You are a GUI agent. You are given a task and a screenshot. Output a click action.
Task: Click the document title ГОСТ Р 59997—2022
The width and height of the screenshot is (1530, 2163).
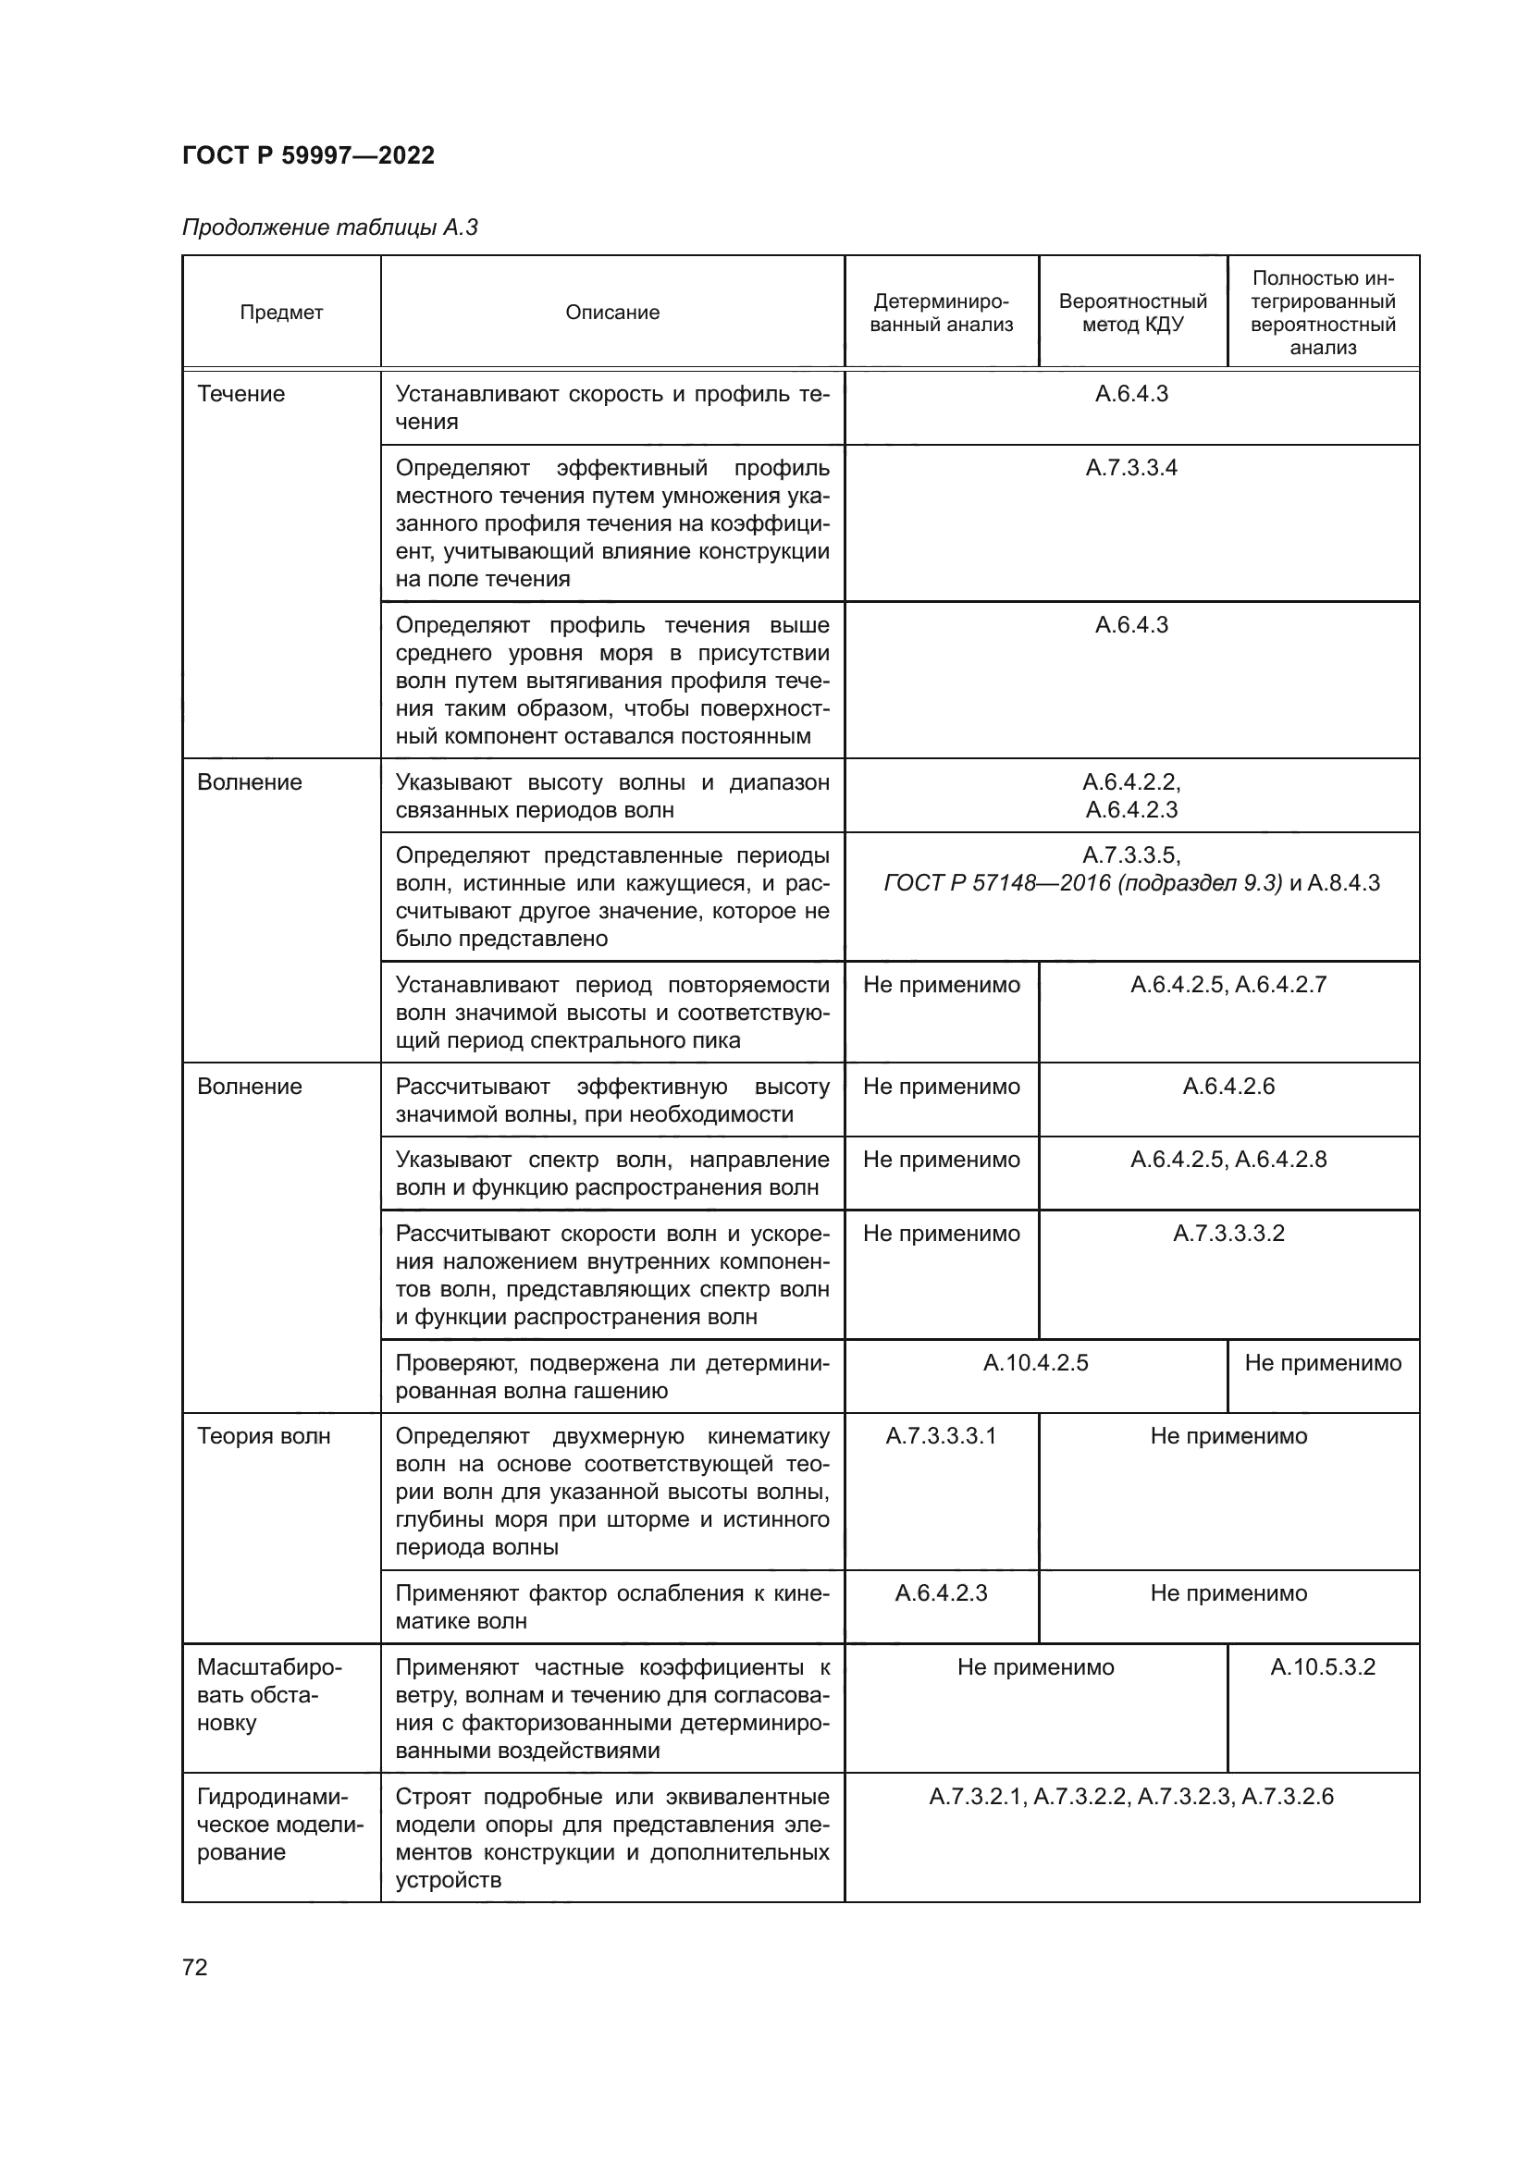pos(308,155)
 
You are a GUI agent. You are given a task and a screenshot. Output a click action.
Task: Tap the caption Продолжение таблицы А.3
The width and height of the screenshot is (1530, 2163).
pos(329,228)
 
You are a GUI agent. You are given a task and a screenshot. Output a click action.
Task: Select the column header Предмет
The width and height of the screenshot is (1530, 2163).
pos(281,313)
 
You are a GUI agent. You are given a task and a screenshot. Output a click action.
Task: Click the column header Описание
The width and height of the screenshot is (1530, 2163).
pos(612,313)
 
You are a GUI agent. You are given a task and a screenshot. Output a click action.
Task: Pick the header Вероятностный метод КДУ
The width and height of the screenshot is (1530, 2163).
pos(1132,313)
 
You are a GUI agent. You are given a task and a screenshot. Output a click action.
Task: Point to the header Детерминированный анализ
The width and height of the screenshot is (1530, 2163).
pos(941,313)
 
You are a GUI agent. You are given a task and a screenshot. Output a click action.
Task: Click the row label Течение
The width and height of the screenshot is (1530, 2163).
pos(241,394)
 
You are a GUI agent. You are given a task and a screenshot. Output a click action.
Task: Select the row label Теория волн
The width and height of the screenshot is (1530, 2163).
pos(264,1437)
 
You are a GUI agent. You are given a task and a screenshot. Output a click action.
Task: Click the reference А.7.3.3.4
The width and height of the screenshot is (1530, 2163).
pos(1131,468)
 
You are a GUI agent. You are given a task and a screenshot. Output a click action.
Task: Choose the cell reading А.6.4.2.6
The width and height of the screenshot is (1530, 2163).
pos(1228,1087)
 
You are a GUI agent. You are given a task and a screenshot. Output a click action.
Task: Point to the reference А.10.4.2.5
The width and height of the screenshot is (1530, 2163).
pos(1035,1363)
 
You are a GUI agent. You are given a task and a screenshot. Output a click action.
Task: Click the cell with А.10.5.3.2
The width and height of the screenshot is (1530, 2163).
pos(1323,1667)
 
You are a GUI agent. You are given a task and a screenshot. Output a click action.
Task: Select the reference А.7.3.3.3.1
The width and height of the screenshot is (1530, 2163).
pos(941,1437)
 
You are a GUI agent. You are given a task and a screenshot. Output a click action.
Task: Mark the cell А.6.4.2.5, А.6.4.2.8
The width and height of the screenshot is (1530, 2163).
pos(1228,1160)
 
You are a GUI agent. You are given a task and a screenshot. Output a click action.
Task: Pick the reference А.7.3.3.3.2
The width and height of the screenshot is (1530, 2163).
pos(1228,1235)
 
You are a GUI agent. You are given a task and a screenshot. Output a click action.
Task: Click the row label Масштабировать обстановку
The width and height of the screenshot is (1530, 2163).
pos(269,1696)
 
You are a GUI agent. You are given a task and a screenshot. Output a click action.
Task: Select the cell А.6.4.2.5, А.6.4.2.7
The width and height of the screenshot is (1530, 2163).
pos(1228,986)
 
